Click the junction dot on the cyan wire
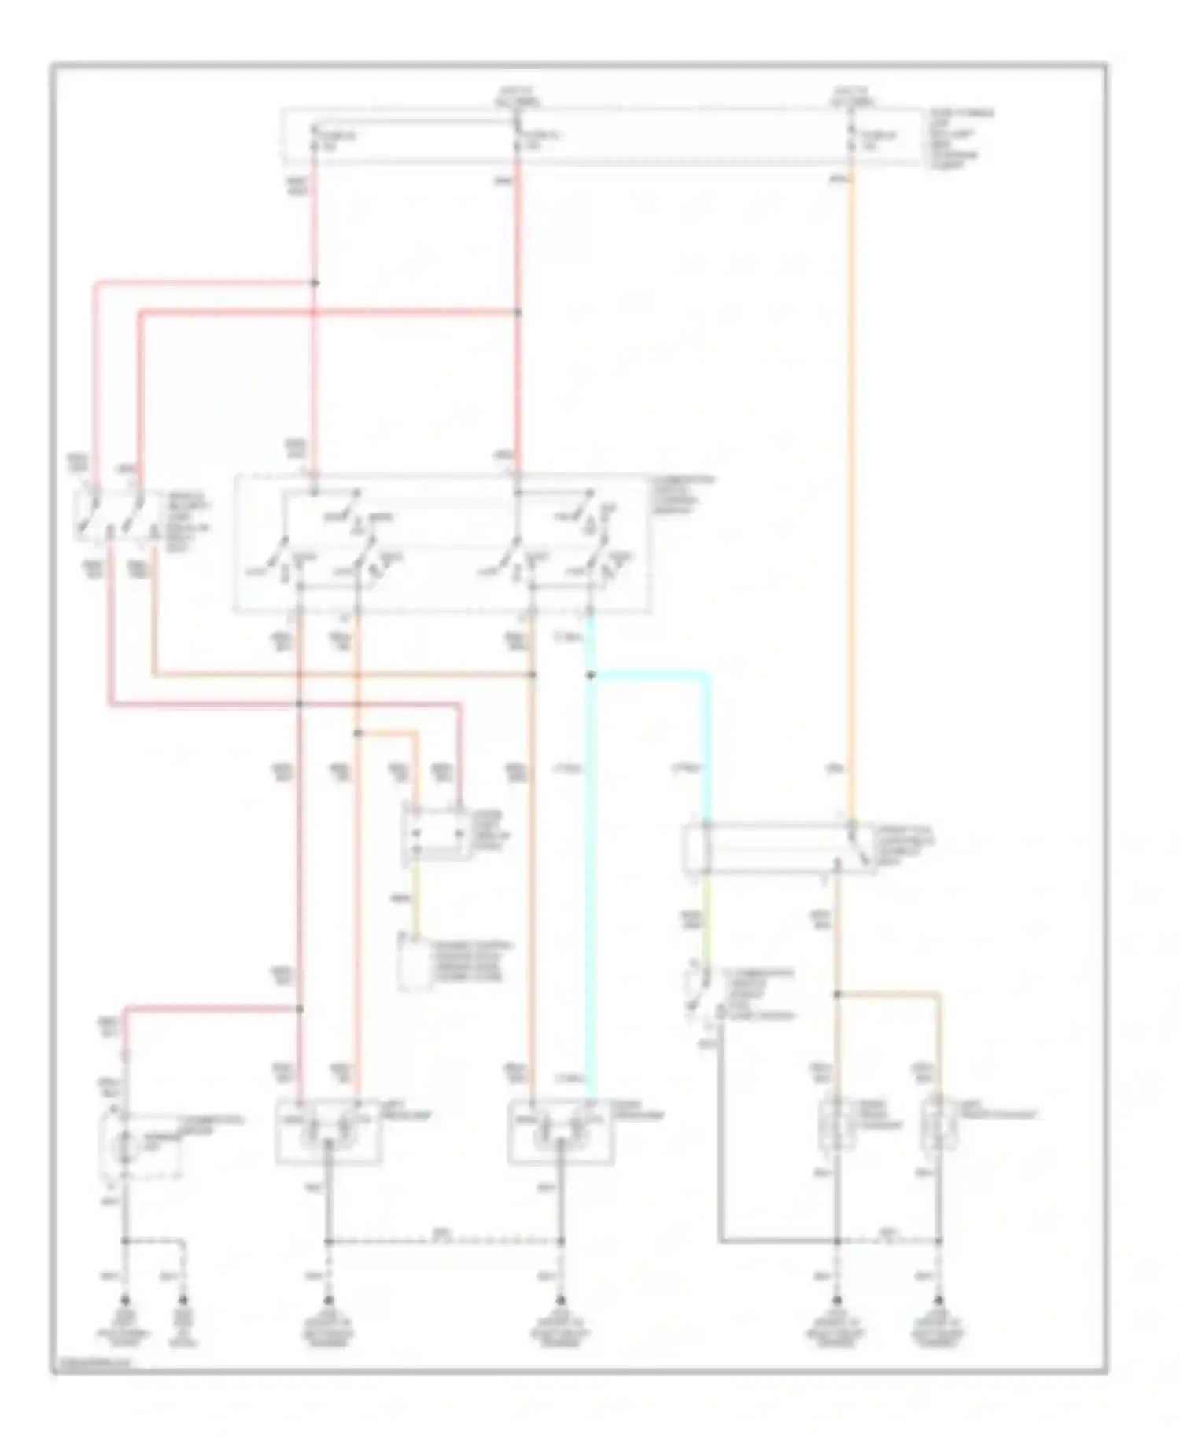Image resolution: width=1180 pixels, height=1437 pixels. tap(591, 674)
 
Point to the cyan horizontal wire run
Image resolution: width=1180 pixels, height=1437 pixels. tap(650, 674)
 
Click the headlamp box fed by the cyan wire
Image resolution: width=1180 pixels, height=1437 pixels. tap(559, 1130)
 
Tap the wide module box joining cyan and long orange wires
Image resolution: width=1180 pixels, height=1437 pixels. tap(780, 847)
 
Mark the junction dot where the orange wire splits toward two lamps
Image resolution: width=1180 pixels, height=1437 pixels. tap(837, 995)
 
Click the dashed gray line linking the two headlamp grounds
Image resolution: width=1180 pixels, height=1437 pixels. tap(444, 1241)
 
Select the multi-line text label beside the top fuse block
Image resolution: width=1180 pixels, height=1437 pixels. tap(958, 139)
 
